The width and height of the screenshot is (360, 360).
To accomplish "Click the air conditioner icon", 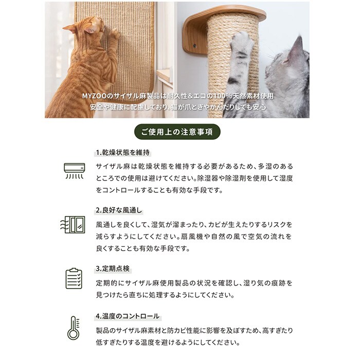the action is (x=75, y=171).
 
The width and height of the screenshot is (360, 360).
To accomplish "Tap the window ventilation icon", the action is (x=73, y=225).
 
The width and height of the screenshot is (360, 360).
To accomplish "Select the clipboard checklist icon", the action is (x=74, y=279).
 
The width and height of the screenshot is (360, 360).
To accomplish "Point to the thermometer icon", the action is (x=74, y=328).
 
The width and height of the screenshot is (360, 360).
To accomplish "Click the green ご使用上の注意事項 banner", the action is (x=177, y=132).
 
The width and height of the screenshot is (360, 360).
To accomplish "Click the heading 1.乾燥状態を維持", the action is (x=122, y=153).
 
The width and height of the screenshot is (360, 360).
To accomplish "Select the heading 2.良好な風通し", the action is (x=119, y=210).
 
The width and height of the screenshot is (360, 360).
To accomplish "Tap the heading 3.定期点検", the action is (x=113, y=268).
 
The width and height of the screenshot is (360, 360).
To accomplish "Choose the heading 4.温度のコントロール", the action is (x=128, y=316).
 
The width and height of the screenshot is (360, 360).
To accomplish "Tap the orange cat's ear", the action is (x=70, y=28).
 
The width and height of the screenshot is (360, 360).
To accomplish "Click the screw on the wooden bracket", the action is (x=195, y=46).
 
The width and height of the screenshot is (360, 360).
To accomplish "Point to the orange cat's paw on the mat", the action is (x=114, y=34).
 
